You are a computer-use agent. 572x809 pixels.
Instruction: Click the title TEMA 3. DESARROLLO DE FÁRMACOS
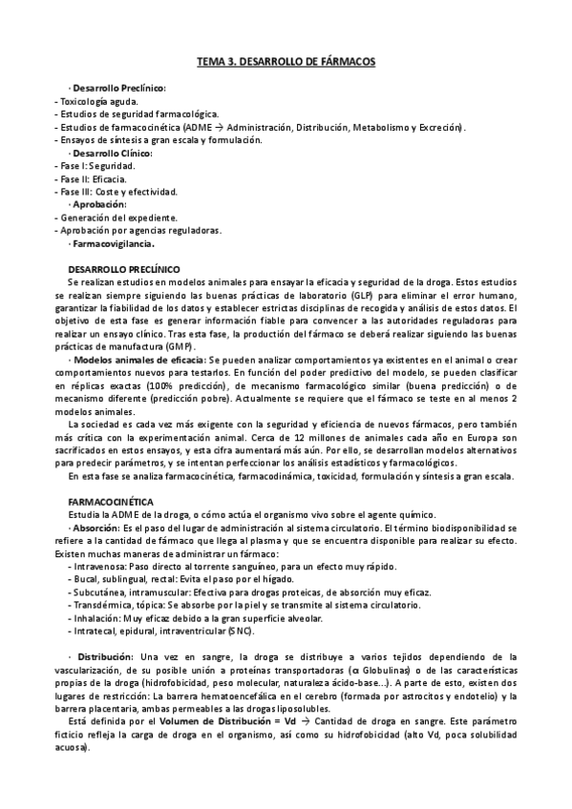pyautogui.click(x=286, y=61)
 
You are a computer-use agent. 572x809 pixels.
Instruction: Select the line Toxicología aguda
pyautogui.click(x=98, y=101)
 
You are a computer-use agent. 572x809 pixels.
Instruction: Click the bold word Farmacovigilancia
pyautogui.click(x=117, y=243)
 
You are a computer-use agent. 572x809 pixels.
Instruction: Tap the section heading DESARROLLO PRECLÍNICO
pyautogui.click(x=131, y=269)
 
